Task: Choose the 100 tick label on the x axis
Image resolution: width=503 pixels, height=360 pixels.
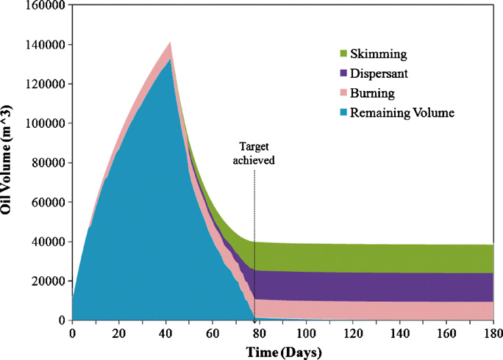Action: (306, 334)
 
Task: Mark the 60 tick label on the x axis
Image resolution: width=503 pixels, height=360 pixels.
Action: (213, 334)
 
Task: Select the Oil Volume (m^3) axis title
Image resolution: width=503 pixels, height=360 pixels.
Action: (10, 163)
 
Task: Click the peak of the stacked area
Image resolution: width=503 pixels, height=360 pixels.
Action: (171, 43)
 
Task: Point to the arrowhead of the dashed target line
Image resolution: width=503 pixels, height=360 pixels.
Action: (255, 317)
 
